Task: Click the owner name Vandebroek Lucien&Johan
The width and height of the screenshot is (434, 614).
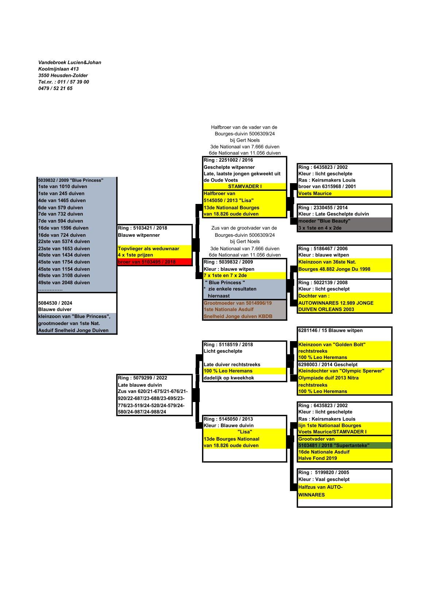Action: point(70,62)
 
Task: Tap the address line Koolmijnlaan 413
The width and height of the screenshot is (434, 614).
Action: point(58,69)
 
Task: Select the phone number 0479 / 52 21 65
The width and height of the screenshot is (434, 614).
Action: point(55,88)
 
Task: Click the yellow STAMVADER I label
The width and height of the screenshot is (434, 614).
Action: point(245,186)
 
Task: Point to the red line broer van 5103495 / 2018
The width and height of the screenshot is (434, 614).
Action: point(147,262)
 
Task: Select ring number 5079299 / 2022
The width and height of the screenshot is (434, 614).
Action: point(142,378)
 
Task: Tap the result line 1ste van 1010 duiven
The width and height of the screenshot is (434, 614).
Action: point(63,186)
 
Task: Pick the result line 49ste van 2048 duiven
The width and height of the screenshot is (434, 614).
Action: point(64,282)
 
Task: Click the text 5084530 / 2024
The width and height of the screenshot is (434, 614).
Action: point(55,303)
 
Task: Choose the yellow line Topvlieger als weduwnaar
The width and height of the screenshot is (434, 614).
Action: point(148,248)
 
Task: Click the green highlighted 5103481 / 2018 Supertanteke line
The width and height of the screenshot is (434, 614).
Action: point(334,445)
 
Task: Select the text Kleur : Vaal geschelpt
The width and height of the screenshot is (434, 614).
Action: point(324,479)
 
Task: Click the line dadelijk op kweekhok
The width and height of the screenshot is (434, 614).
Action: point(229,378)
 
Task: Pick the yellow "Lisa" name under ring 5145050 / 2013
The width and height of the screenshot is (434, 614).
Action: point(245,432)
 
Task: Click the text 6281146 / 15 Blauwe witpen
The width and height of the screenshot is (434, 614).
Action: point(330,331)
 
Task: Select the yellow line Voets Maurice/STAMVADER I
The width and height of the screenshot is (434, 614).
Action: point(332,432)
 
